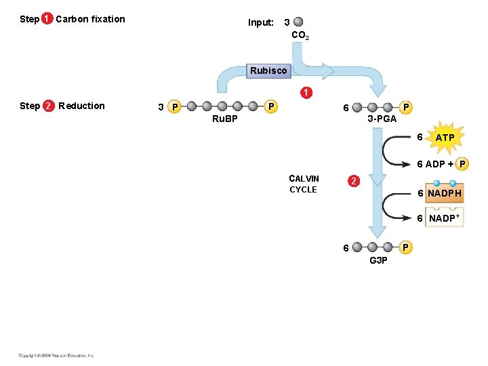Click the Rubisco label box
point(268,70)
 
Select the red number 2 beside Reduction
point(49,106)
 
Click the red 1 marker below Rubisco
point(307,92)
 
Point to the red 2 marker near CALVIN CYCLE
point(352,181)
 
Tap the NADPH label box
point(444,193)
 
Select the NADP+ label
point(444,218)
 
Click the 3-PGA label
point(381,119)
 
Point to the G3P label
point(379,260)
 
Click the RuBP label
point(225,119)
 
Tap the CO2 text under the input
point(300,35)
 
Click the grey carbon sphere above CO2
point(299,22)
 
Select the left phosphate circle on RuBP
point(174,106)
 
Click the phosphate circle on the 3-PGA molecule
point(405,106)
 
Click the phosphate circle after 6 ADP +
point(463,163)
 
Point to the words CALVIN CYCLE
point(303,184)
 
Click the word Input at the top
point(261,22)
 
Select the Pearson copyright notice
point(57,355)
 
